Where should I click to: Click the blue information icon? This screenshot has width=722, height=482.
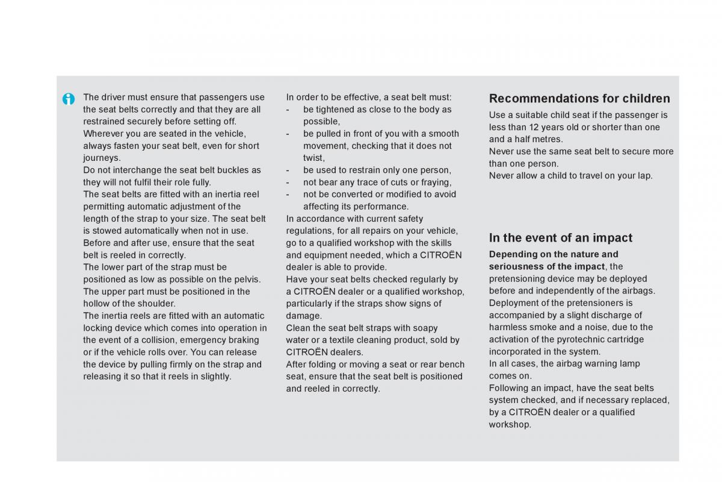click(69, 99)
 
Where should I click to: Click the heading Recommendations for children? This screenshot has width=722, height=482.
click(579, 98)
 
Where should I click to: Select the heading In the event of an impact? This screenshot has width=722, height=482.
click(561, 237)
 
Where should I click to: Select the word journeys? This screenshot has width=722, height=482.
click(101, 158)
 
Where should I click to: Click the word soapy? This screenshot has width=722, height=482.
click(425, 328)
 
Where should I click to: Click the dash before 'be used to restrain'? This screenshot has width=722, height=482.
click(288, 170)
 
